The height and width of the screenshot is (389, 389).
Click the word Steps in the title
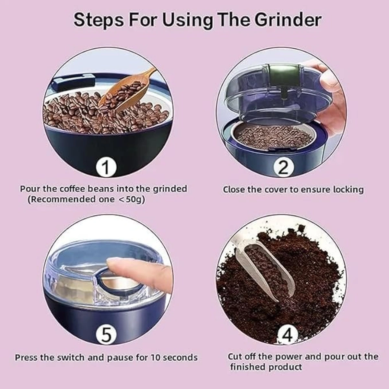[99, 20]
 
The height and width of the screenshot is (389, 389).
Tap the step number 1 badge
[106, 167]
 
